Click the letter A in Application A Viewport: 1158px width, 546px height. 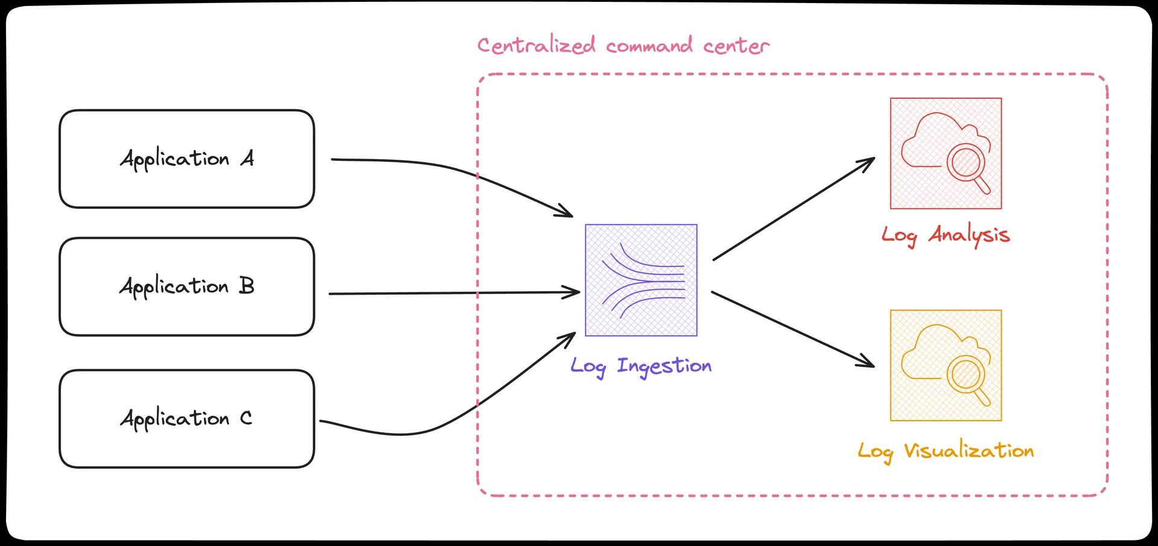click(x=247, y=159)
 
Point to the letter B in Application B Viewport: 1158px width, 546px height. click(x=246, y=286)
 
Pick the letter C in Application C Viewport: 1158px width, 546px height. click(x=245, y=418)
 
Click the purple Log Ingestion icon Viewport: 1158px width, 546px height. click(x=641, y=280)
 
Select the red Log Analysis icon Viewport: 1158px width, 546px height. click(x=946, y=154)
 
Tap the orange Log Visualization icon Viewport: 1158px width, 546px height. click(x=946, y=365)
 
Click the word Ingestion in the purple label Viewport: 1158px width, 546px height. click(x=664, y=366)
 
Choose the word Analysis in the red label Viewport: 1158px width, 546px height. click(x=969, y=235)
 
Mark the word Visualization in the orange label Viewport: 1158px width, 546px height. click(x=969, y=451)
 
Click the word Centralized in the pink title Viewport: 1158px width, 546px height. click(x=536, y=46)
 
